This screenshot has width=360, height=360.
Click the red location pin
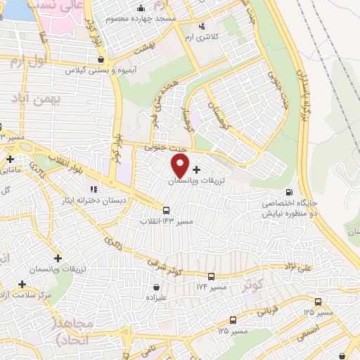[181, 166]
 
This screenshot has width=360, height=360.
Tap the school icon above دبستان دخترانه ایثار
[92, 188]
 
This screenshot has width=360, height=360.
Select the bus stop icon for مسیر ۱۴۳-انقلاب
[166, 210]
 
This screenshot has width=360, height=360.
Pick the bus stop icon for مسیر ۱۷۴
[212, 276]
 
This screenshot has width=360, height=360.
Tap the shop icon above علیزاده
[156, 286]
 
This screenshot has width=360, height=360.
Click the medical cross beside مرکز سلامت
[22, 285]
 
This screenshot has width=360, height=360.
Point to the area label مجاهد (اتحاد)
[72, 331]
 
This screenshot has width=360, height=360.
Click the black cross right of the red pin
[195, 169]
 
